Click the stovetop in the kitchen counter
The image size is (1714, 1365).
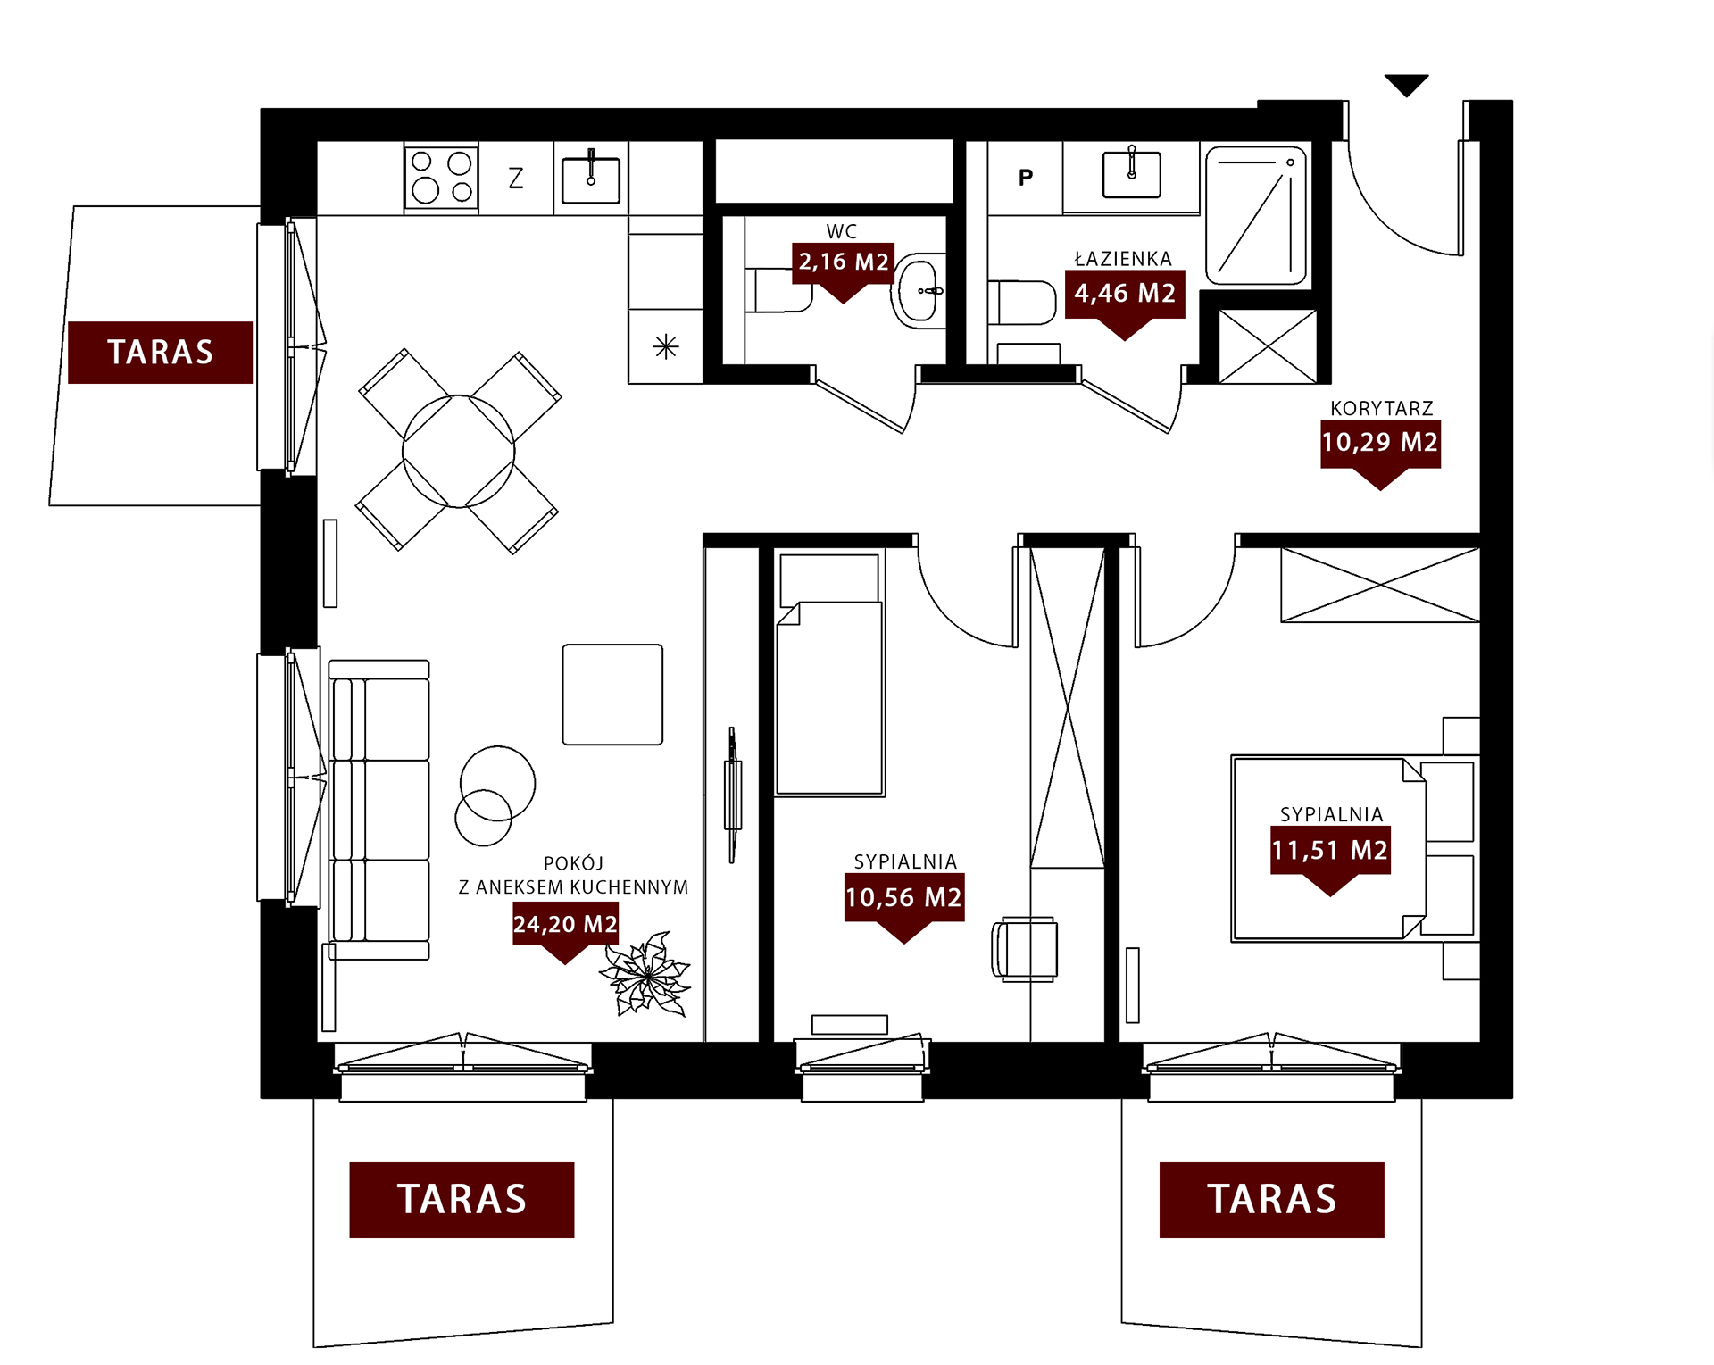point(441,177)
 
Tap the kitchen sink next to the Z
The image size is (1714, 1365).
point(591,179)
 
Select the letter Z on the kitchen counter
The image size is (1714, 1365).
point(516,179)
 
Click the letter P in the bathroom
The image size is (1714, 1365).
point(1026,178)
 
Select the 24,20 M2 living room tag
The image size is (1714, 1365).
point(565,932)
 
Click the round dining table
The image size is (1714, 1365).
point(459,451)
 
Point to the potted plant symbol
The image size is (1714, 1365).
point(645,975)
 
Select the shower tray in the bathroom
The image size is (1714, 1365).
point(1256,216)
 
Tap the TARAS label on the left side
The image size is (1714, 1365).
point(161,352)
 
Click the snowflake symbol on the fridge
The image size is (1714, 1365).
point(666,346)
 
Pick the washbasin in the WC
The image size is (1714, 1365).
point(919,291)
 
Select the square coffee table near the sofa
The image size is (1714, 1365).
point(612,695)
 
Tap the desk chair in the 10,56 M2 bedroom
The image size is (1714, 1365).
point(1025,949)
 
